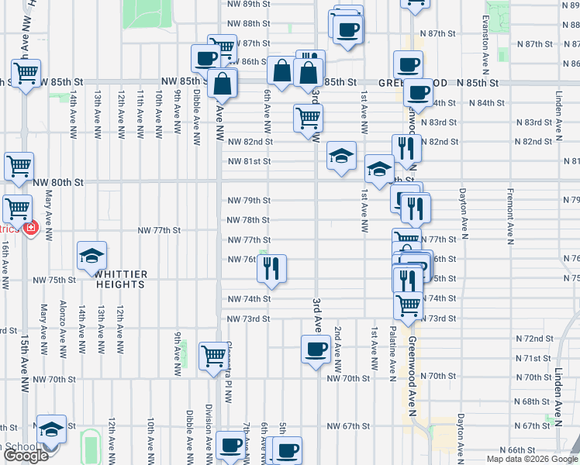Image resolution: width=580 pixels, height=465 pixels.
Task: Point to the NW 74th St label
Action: click(x=248, y=298)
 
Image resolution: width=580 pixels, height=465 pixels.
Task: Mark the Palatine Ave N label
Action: click(x=393, y=347)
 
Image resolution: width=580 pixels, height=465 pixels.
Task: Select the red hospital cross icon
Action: click(x=30, y=229)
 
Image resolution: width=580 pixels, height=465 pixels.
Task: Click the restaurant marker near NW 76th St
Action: click(x=271, y=268)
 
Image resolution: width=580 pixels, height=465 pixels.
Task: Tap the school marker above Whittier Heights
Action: click(x=92, y=255)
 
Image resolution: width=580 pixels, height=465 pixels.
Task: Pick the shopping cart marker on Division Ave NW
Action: click(x=213, y=356)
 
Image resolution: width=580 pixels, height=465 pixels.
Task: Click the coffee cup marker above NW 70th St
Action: click(x=316, y=349)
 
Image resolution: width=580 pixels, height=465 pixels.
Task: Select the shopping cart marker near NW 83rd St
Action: click(x=308, y=118)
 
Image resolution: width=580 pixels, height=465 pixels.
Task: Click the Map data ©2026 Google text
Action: click(x=532, y=459)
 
